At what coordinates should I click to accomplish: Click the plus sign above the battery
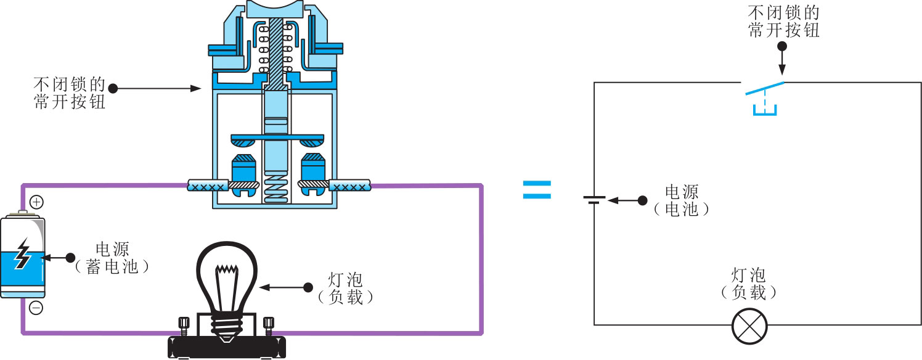(x=36, y=202)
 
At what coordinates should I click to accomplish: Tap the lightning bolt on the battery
(x=23, y=254)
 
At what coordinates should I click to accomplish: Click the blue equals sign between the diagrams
(x=537, y=189)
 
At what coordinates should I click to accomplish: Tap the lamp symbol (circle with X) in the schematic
(x=749, y=325)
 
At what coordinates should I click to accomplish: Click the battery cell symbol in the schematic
(x=594, y=200)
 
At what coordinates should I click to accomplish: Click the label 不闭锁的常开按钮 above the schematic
(x=783, y=22)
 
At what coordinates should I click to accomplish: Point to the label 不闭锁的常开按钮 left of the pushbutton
(x=70, y=93)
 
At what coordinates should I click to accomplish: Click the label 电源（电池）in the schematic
(x=682, y=200)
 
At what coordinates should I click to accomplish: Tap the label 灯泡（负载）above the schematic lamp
(x=748, y=283)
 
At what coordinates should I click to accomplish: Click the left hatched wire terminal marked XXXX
(x=207, y=185)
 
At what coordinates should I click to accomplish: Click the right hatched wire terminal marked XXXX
(x=350, y=184)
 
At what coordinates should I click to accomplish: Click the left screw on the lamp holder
(x=183, y=325)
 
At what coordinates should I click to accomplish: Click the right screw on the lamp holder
(x=268, y=325)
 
